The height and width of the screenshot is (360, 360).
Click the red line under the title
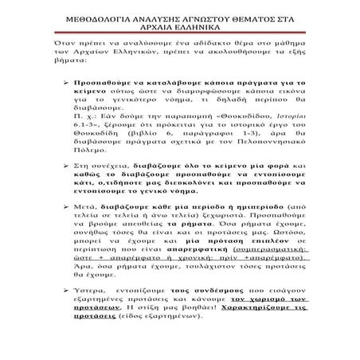coord(179,33)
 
